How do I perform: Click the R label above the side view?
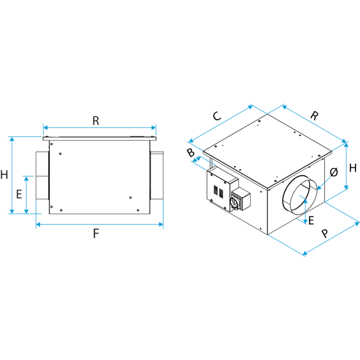pyautogui.click(x=96, y=121)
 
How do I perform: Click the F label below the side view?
pyautogui.click(x=96, y=234)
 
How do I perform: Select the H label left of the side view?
pyautogui.click(x=4, y=175)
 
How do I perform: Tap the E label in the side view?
pyautogui.click(x=19, y=194)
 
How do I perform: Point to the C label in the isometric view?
pyautogui.click(x=217, y=116)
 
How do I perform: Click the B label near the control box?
pyautogui.click(x=190, y=153)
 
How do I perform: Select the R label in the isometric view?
pyautogui.click(x=314, y=116)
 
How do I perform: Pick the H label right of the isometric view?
pyautogui.click(x=353, y=168)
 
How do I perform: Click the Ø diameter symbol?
pyautogui.click(x=334, y=172)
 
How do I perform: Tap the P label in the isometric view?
pyautogui.click(x=324, y=234)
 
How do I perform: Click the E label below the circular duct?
pyautogui.click(x=311, y=220)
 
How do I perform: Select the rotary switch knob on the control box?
pyautogui.click(x=234, y=202)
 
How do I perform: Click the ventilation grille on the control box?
pyautogui.click(x=218, y=192)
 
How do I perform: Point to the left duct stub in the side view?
pyautogui.click(x=42, y=175)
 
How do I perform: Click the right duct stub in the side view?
pyautogui.click(x=157, y=175)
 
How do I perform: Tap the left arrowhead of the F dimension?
pyautogui.click(x=38, y=224)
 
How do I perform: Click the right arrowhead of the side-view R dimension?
pyautogui.click(x=153, y=128)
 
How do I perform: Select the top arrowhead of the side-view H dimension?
pyautogui.click(x=12, y=139)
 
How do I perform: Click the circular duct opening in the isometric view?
pyautogui.click(x=300, y=195)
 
